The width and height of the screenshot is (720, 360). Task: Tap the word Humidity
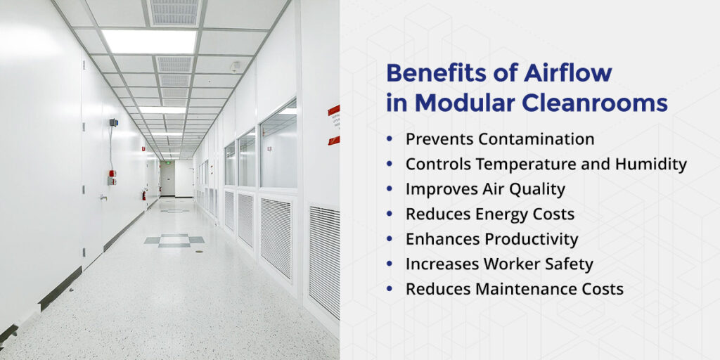[x=652, y=165]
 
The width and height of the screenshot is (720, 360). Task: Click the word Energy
[x=501, y=214]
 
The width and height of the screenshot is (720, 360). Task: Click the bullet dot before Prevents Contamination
[x=390, y=139]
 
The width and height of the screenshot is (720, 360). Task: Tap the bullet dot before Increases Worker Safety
[x=390, y=264]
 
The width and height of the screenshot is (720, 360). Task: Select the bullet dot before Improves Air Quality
[x=390, y=189]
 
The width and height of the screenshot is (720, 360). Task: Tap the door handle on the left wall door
[x=103, y=198]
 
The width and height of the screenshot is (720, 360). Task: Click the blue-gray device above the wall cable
[x=113, y=122]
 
